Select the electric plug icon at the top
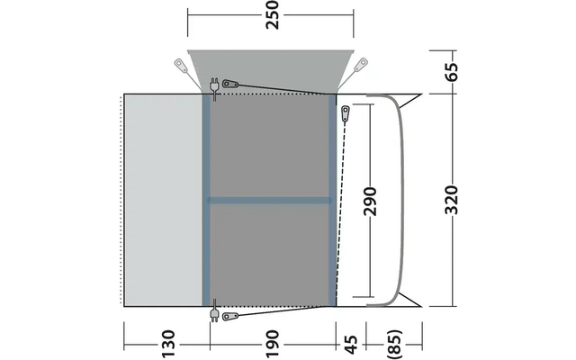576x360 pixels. point(213,86)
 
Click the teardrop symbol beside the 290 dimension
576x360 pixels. point(346,112)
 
